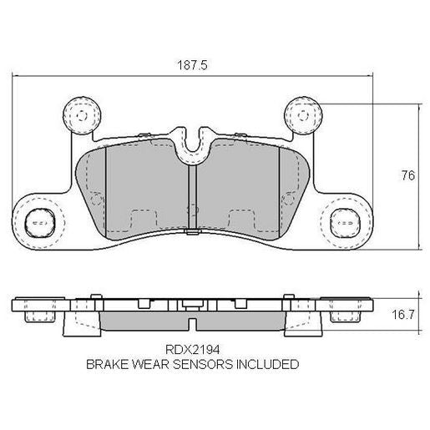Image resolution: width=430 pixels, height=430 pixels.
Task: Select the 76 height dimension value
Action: [x=408, y=175]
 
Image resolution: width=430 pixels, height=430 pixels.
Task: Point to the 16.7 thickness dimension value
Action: [x=403, y=315]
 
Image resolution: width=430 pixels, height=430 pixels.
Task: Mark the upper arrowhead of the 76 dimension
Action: [x=417, y=105]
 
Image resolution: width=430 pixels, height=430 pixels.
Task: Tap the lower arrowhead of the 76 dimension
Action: [x=417, y=247]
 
